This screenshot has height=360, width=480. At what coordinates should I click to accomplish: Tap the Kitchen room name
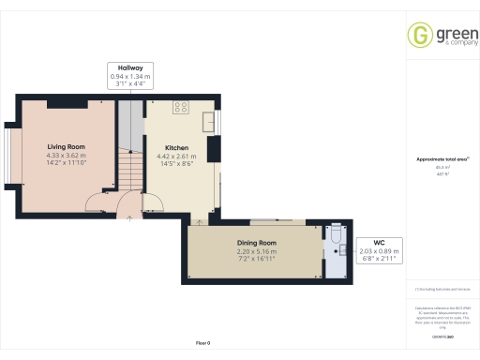178,148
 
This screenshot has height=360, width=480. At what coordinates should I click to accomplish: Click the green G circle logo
418,35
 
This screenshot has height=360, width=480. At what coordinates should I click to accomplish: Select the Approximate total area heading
436,159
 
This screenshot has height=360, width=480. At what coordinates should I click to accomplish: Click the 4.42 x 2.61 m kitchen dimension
178,157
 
